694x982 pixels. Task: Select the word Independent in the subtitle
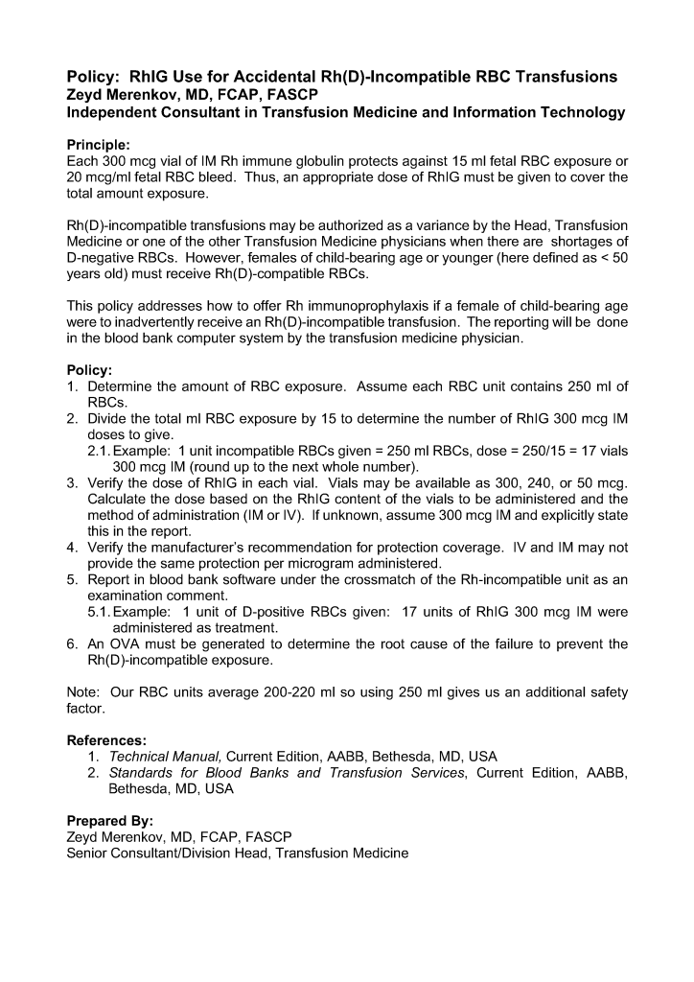(113, 112)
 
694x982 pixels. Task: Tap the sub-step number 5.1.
(100, 612)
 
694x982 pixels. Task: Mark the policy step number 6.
(72, 643)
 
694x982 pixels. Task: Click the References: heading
(106, 740)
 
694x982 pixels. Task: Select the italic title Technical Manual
(165, 757)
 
